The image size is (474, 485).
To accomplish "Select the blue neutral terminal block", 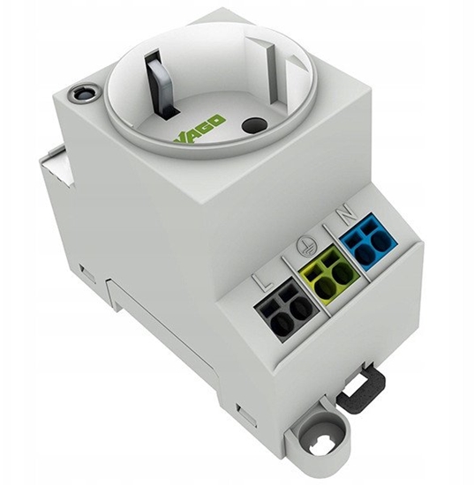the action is pos(368,242).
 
